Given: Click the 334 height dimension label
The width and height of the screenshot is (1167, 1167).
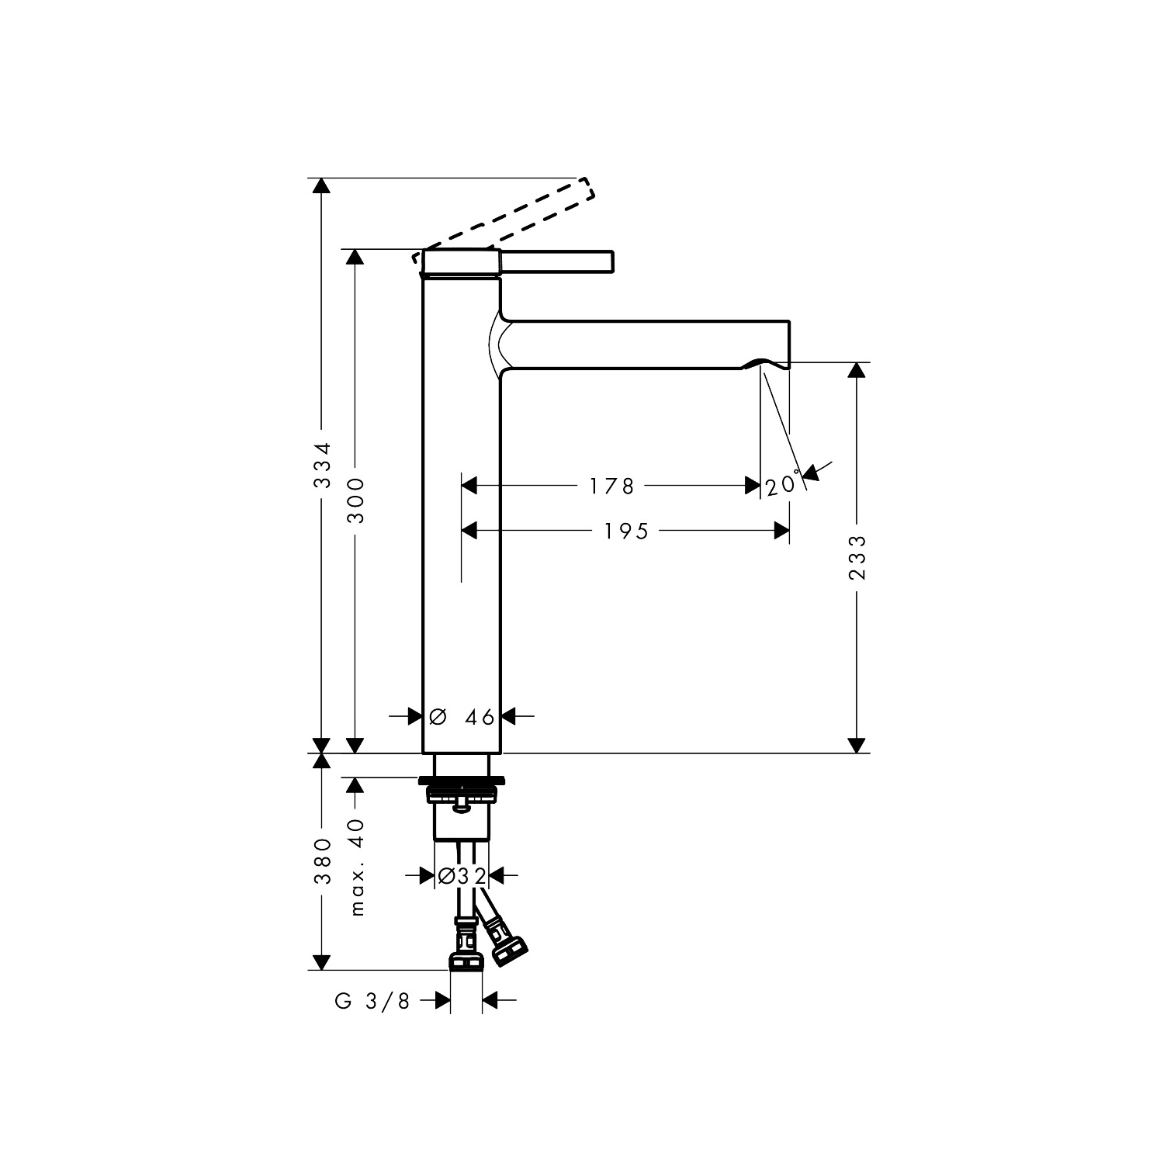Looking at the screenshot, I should click(x=321, y=466).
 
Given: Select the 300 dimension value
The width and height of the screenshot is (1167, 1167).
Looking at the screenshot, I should click(x=355, y=500).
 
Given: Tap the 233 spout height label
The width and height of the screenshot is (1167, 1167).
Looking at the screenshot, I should click(x=857, y=557).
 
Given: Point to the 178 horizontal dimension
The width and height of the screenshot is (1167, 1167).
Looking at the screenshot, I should click(x=611, y=487).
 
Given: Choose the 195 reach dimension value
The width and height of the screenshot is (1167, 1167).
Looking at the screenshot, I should click(x=626, y=532).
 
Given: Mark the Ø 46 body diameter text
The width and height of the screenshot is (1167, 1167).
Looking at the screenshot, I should click(x=462, y=718).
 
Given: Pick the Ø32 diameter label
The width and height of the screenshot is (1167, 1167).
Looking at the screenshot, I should click(x=462, y=876).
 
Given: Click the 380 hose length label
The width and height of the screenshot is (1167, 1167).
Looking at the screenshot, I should click(x=322, y=861).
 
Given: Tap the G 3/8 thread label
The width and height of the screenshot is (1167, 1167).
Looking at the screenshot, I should click(x=372, y=1002).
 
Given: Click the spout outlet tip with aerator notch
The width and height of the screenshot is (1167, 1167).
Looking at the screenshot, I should click(x=772, y=362).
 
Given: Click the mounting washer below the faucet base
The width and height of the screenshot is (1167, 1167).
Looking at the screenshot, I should click(x=462, y=780).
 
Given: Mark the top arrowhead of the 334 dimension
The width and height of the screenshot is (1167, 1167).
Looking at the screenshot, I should click(x=320, y=186).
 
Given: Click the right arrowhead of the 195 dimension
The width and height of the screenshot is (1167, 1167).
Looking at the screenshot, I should click(x=782, y=531).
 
